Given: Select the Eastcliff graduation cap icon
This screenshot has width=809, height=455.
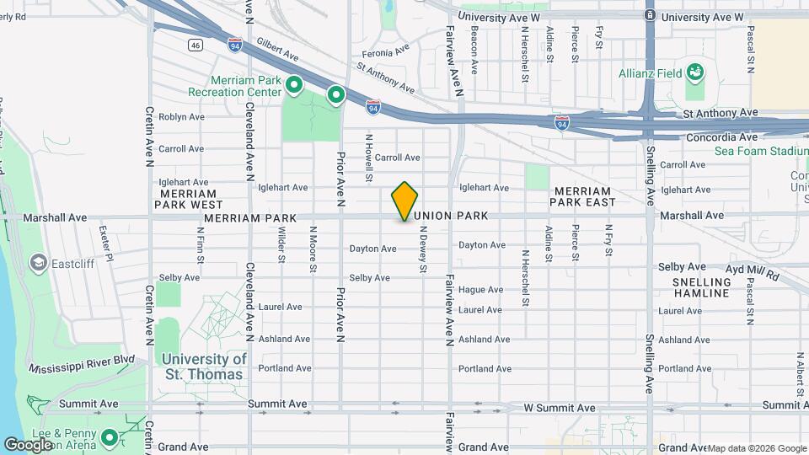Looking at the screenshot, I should point(38,263).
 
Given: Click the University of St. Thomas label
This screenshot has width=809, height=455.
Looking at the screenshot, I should point(205,367).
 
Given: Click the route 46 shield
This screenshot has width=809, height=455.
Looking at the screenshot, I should point(196,45).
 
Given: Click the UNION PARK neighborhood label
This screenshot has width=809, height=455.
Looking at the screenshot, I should point(452,217).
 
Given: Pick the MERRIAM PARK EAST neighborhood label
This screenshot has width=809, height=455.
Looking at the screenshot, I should point(583,196).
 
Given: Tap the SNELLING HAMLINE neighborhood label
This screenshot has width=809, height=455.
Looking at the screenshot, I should point(701,287).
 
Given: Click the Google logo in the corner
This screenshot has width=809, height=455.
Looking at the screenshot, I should point(28,444).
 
